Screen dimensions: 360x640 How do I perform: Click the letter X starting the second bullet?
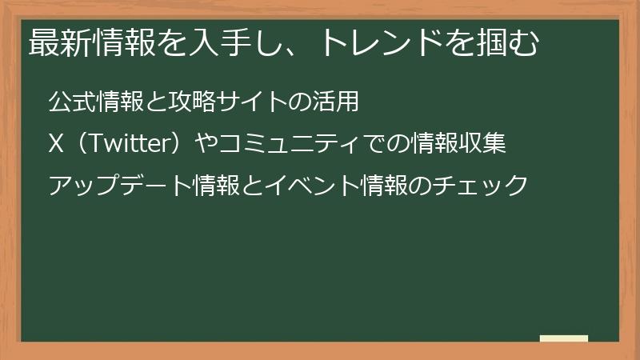56,145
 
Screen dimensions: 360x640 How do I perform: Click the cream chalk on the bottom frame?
564,338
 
